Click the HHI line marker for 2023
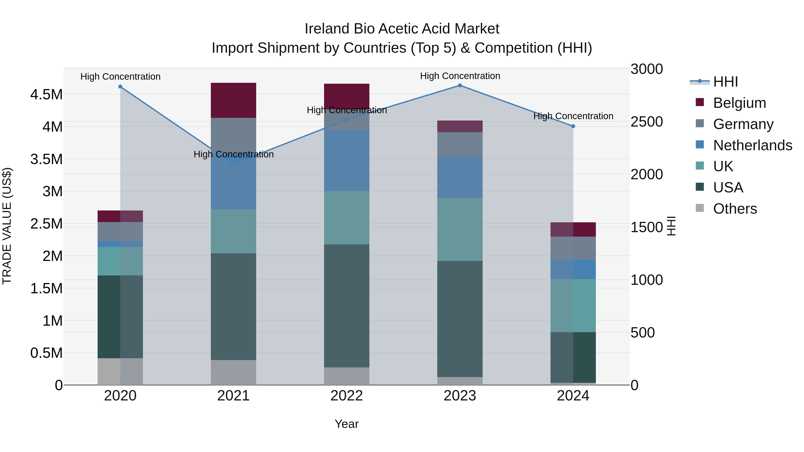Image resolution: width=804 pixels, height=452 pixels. (x=460, y=85)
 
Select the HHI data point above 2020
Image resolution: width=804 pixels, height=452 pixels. (x=120, y=87)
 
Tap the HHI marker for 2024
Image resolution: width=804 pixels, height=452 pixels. (x=573, y=126)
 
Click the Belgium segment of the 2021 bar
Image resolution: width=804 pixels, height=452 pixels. (x=233, y=100)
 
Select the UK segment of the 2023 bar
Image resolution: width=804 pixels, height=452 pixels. (x=460, y=229)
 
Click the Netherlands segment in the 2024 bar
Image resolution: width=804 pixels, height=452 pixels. (x=573, y=269)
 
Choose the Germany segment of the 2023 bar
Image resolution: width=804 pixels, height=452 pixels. (x=460, y=144)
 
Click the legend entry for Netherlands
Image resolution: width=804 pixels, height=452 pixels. (x=752, y=145)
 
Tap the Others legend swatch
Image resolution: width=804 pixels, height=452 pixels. (x=700, y=208)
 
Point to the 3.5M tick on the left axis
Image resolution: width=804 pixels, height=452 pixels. (x=46, y=159)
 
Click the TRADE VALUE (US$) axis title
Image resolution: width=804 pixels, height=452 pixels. (x=7, y=226)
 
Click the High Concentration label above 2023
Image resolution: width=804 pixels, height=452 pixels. (x=460, y=76)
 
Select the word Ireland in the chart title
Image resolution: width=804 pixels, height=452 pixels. (x=327, y=29)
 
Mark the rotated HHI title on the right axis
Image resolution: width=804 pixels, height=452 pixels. (x=671, y=226)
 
